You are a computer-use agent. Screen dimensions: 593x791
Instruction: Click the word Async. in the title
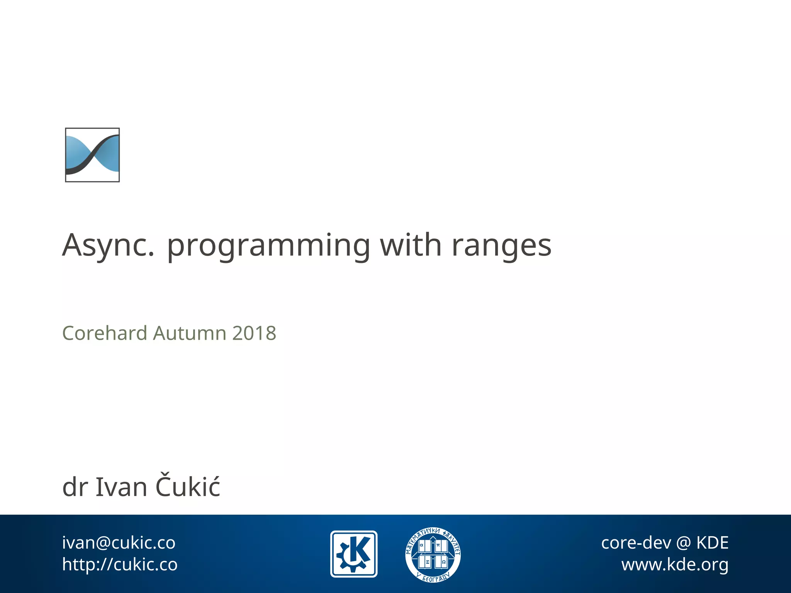tap(108, 246)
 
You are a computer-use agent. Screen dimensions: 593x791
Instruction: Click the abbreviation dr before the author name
tap(75, 487)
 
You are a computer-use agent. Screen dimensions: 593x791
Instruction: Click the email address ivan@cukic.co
tap(119, 543)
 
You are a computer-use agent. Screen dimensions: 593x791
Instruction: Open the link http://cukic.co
tap(120, 564)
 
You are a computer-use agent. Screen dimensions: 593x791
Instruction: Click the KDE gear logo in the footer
tap(354, 554)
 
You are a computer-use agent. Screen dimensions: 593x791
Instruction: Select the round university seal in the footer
tap(433, 554)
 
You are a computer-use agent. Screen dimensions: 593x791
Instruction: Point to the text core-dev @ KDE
tap(665, 543)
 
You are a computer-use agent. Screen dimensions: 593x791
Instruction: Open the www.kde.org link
tap(675, 564)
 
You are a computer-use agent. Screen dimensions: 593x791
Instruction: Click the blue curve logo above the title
tap(92, 155)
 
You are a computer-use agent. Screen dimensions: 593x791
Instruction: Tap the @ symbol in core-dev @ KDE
tap(684, 543)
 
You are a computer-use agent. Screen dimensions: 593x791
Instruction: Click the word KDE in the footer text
tap(712, 543)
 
